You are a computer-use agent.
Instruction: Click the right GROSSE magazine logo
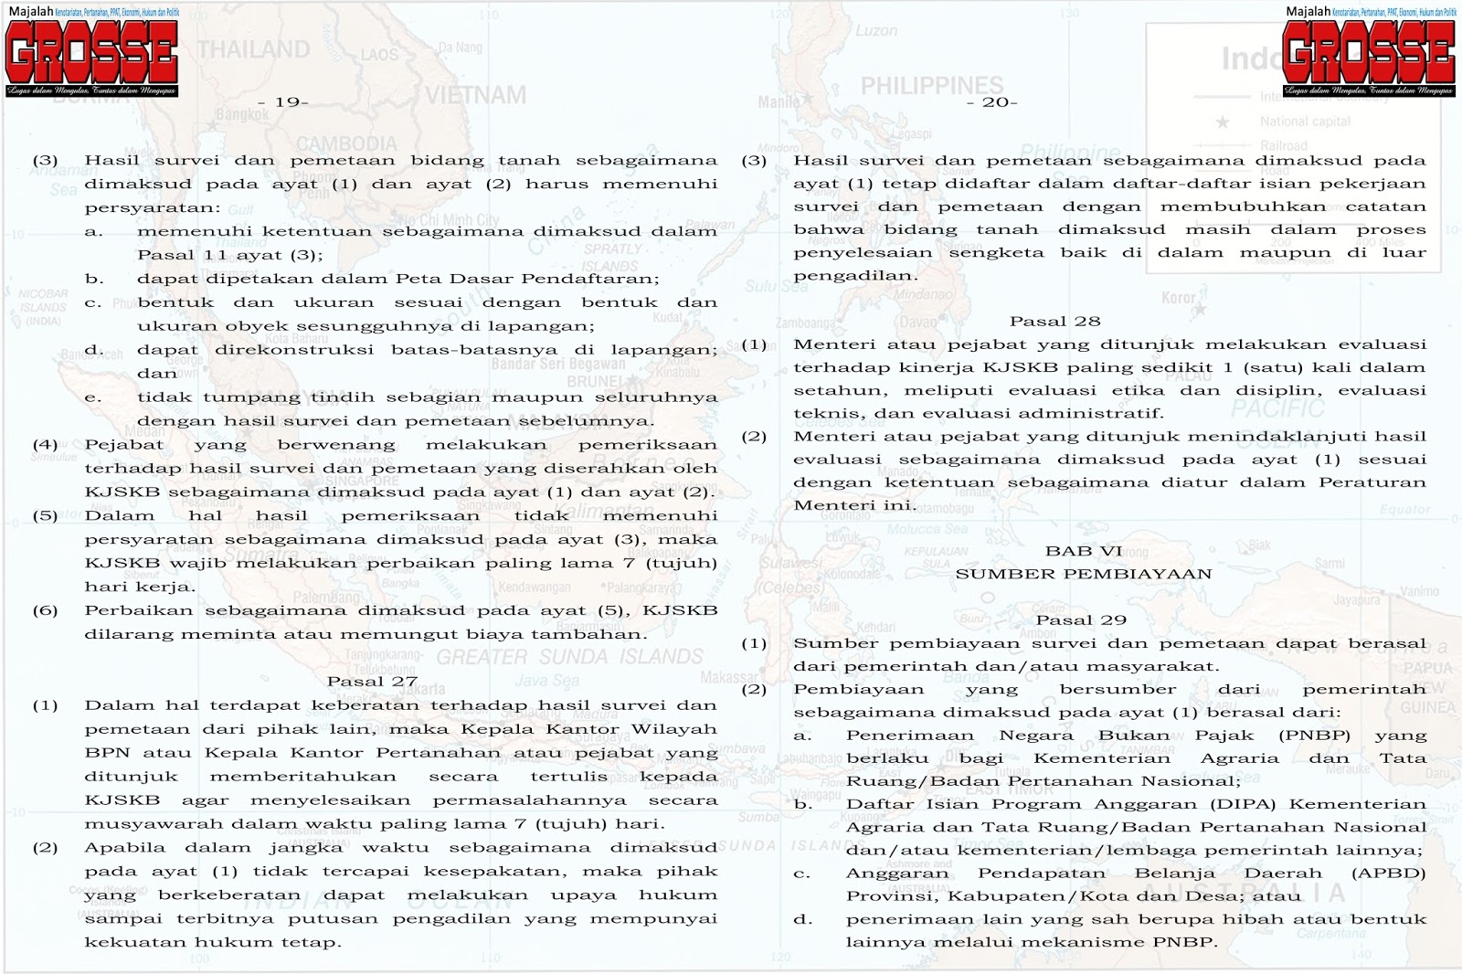(1368, 53)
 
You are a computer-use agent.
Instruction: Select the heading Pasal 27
(372, 682)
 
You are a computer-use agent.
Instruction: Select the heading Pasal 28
(1054, 322)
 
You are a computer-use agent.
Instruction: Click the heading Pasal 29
(1081, 620)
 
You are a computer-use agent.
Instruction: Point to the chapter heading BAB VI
(1084, 551)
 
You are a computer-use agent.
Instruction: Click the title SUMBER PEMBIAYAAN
(1084, 575)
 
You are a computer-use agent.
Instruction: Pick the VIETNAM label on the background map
(475, 95)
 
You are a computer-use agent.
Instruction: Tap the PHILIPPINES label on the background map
(932, 86)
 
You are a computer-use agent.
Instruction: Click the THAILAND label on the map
(254, 49)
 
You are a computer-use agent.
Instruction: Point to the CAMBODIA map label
(346, 143)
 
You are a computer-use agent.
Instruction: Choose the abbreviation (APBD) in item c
(1388, 873)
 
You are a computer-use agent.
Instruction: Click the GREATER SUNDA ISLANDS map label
(570, 657)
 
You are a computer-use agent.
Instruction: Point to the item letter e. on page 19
(93, 397)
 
